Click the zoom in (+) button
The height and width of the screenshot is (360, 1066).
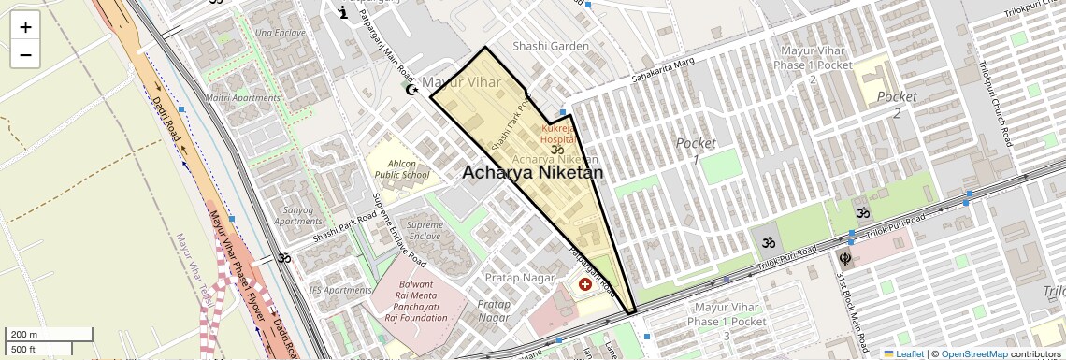[25, 27]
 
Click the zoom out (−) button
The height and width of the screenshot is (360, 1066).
[25, 55]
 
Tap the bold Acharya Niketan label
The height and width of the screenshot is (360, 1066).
[532, 173]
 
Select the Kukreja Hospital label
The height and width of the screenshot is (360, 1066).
[557, 133]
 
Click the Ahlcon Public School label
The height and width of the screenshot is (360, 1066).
[402, 167]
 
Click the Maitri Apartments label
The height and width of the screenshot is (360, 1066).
[243, 97]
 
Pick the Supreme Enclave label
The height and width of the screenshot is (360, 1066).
[425, 231]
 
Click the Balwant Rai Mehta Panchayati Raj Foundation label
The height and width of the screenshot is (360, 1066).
[416, 300]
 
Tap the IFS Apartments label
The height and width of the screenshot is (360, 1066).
[340, 290]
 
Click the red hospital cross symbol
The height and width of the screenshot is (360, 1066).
[585, 282]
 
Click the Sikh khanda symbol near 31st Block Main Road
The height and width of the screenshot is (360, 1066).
[844, 257]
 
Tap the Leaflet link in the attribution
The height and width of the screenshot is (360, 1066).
[904, 353]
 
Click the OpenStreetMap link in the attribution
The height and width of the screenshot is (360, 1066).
[973, 353]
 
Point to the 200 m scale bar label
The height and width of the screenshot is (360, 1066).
[25, 335]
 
